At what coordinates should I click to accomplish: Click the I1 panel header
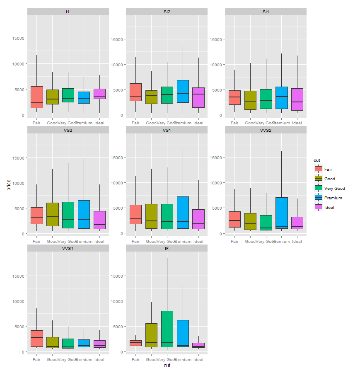coord(68,12)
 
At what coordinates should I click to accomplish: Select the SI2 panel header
coord(167,12)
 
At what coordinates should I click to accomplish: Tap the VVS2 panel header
coord(266,130)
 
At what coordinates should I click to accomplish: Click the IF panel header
coord(167,248)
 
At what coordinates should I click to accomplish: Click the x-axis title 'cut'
coord(167,366)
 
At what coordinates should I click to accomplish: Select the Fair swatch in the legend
coord(319,169)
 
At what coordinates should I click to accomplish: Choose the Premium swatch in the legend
coord(319,198)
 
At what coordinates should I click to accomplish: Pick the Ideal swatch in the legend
coord(319,207)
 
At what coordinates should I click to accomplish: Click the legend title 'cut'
coord(317,160)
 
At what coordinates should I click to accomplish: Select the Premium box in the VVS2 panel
coord(281,213)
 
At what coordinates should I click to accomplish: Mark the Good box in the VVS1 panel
coord(52,342)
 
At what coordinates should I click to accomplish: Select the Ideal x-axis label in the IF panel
coord(198,360)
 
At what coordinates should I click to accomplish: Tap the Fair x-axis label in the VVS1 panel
coord(36,360)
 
